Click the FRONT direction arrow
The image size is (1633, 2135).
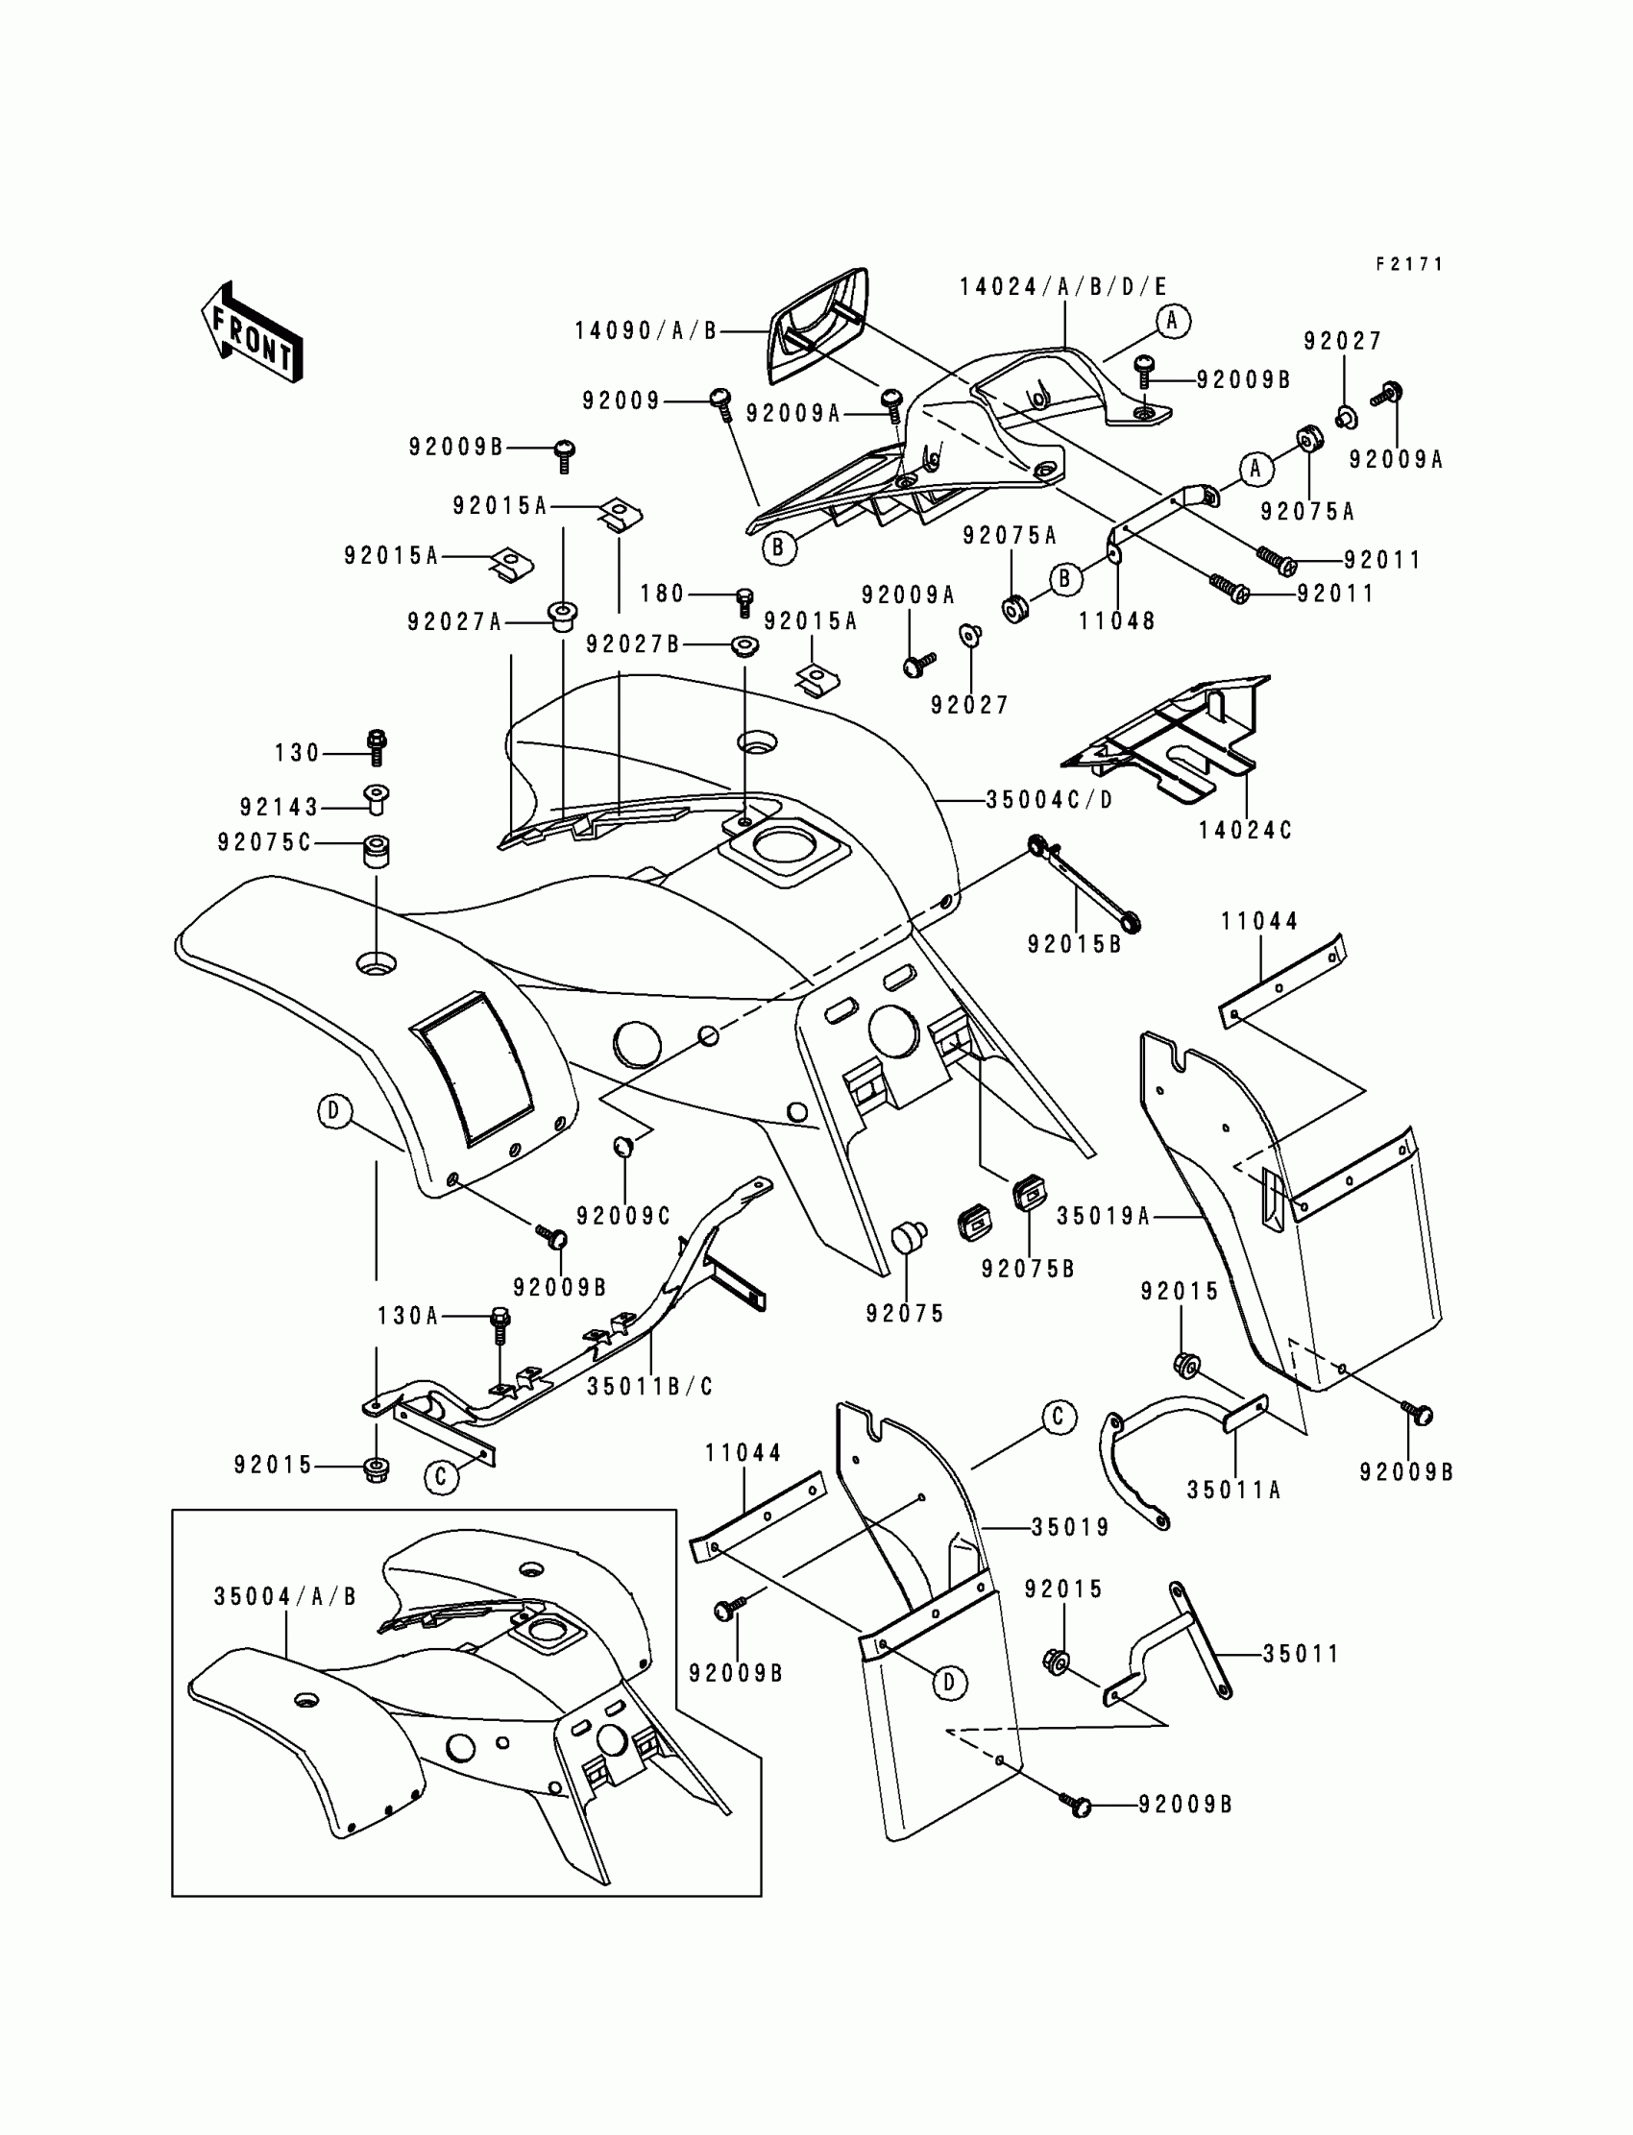pos(252,333)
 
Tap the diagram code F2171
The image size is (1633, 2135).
pos(1409,264)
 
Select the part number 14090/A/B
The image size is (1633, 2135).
pos(646,331)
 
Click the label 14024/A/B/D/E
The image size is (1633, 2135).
pos(1063,286)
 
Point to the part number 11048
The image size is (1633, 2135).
pos(1117,621)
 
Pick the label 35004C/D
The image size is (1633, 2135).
pos(1050,800)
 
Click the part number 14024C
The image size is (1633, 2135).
pos(1245,831)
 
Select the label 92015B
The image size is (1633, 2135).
pos(1075,943)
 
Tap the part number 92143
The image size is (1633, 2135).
pos(280,808)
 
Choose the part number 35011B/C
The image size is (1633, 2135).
pos(650,1387)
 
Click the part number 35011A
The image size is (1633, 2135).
pos(1234,1490)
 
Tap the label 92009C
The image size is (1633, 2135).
pos(624,1216)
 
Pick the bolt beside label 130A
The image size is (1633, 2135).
pos(501,1321)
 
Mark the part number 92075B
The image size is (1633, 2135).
pos(1029,1269)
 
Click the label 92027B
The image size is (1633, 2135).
pos(633,644)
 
